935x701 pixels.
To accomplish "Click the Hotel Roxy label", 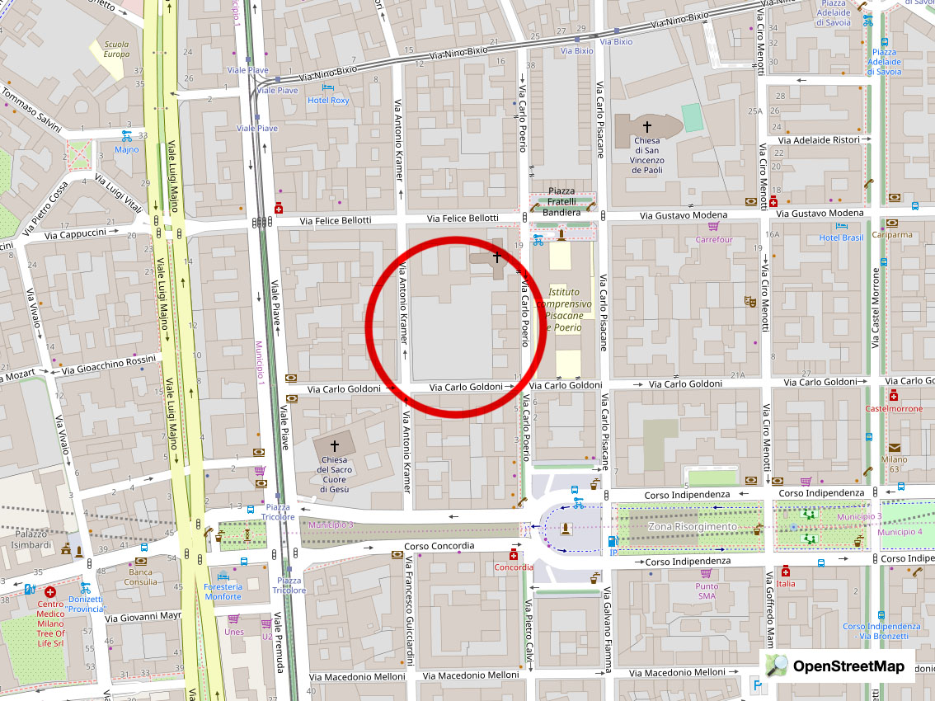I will coord(328,100).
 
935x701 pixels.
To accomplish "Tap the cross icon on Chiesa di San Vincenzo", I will coord(647,126).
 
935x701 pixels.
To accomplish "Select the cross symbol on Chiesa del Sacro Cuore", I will coord(335,445).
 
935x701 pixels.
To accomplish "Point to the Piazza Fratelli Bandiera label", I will coord(562,202).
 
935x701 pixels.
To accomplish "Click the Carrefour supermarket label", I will coord(713,239).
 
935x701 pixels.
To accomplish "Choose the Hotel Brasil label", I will coord(840,238).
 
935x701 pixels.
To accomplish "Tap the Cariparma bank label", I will coord(895,234).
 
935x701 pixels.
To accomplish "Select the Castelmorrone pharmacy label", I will coord(894,408).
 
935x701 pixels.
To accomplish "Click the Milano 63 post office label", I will coord(894,464).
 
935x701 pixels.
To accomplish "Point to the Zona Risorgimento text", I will coord(693,526).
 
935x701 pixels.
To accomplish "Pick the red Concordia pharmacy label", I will coord(514,567).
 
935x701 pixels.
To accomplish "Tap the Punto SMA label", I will coord(706,590).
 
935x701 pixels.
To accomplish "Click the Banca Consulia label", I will coord(140,576).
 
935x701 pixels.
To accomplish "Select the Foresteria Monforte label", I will coord(223,591).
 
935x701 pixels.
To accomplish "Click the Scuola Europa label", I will coord(116,49).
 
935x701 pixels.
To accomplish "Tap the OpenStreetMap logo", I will coord(837,666).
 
